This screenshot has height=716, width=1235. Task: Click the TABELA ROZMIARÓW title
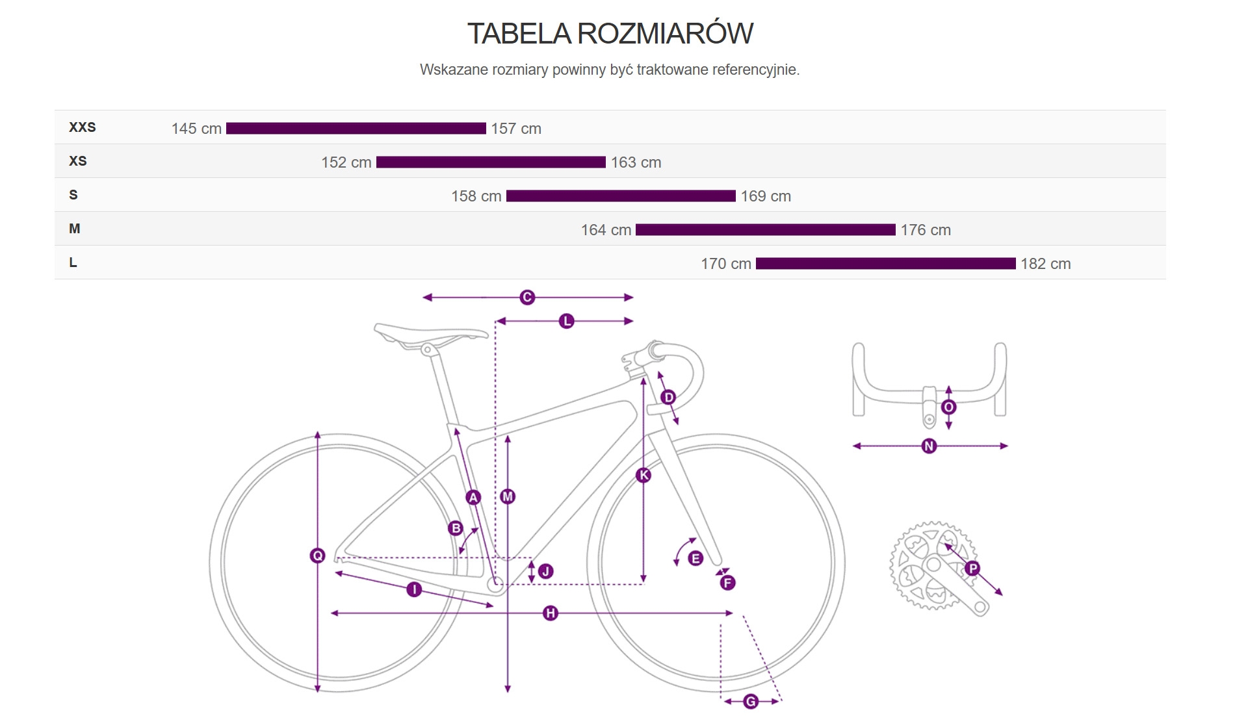pyautogui.click(x=610, y=34)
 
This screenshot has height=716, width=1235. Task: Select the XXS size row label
pyautogui.click(x=83, y=127)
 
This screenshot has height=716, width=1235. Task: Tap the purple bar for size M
pyautogui.click(x=765, y=230)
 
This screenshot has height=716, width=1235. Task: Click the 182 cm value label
pyautogui.click(x=1045, y=264)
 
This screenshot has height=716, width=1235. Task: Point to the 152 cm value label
pyautogui.click(x=346, y=162)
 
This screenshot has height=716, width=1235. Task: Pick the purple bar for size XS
pyautogui.click(x=491, y=162)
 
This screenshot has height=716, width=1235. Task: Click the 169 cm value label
pyautogui.click(x=766, y=196)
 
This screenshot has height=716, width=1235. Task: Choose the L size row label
pyautogui.click(x=73, y=262)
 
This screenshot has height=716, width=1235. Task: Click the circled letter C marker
pyautogui.click(x=527, y=298)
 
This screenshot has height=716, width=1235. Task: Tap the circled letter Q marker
pyautogui.click(x=317, y=556)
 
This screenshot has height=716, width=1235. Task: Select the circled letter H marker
pyautogui.click(x=551, y=613)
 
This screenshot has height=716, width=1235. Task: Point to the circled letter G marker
pyautogui.click(x=751, y=702)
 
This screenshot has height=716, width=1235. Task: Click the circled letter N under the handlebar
pyautogui.click(x=929, y=446)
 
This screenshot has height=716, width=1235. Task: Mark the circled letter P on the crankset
pyautogui.click(x=972, y=569)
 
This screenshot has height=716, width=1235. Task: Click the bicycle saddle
pyautogui.click(x=430, y=333)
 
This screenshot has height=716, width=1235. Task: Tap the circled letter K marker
pyautogui.click(x=643, y=475)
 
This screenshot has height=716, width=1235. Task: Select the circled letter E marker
pyautogui.click(x=695, y=558)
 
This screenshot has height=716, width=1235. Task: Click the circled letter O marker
pyautogui.click(x=949, y=407)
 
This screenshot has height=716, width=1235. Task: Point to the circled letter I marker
pyautogui.click(x=414, y=589)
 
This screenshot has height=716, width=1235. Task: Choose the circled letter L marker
pyautogui.click(x=567, y=321)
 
